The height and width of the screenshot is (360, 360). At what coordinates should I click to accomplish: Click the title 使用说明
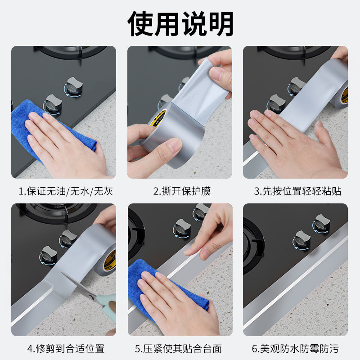click(180, 24)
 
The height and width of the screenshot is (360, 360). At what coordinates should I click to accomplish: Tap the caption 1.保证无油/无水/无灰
click(66, 191)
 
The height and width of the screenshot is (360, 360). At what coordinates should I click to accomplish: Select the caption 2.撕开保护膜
click(182, 191)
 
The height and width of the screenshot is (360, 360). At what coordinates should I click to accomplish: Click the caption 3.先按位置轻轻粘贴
click(297, 191)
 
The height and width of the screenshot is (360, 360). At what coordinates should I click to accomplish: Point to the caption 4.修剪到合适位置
click(66, 348)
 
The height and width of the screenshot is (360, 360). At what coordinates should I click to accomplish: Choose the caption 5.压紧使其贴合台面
click(178, 348)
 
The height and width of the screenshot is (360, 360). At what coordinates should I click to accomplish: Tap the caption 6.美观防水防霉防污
click(295, 348)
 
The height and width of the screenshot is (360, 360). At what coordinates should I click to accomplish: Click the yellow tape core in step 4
click(110, 260)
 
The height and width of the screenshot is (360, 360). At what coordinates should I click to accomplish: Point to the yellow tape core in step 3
click(344, 94)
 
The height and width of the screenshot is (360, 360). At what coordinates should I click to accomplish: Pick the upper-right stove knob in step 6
click(321, 224)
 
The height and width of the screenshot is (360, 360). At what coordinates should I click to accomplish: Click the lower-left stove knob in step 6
click(301, 241)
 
